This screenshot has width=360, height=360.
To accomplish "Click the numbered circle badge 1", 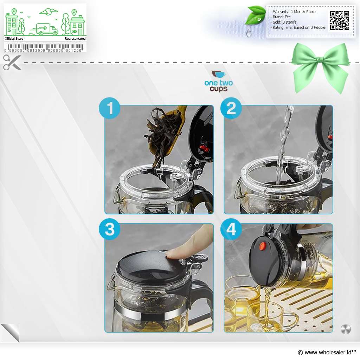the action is coord(110,108).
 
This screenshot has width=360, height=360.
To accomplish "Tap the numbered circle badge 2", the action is coord(231,108).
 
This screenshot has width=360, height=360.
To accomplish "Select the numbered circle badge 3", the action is coord(110,229).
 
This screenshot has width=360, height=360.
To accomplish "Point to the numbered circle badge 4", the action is coord(231,229).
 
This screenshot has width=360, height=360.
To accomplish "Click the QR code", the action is coord(340,21).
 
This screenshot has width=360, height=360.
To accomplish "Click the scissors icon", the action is coord(12,62).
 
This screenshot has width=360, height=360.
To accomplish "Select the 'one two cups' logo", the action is coord(219,82).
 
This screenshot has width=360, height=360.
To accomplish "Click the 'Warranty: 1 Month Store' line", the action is coord(293,12).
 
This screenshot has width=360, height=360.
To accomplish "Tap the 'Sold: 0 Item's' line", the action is coord(283,22).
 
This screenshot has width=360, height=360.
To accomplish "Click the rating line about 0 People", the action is coord(298,27).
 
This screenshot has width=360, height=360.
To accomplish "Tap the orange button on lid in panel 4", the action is coord(263,246).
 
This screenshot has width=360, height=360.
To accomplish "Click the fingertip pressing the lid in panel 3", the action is coord(173,253).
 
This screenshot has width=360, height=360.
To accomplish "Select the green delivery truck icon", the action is coord(45,29).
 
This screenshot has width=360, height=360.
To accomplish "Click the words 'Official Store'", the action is coord(14,39).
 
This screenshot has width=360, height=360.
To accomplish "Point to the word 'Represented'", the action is coord(75,39).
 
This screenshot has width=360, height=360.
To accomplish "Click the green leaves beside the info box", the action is coord(255,15).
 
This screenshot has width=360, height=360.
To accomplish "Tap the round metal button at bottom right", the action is coord(346,329).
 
